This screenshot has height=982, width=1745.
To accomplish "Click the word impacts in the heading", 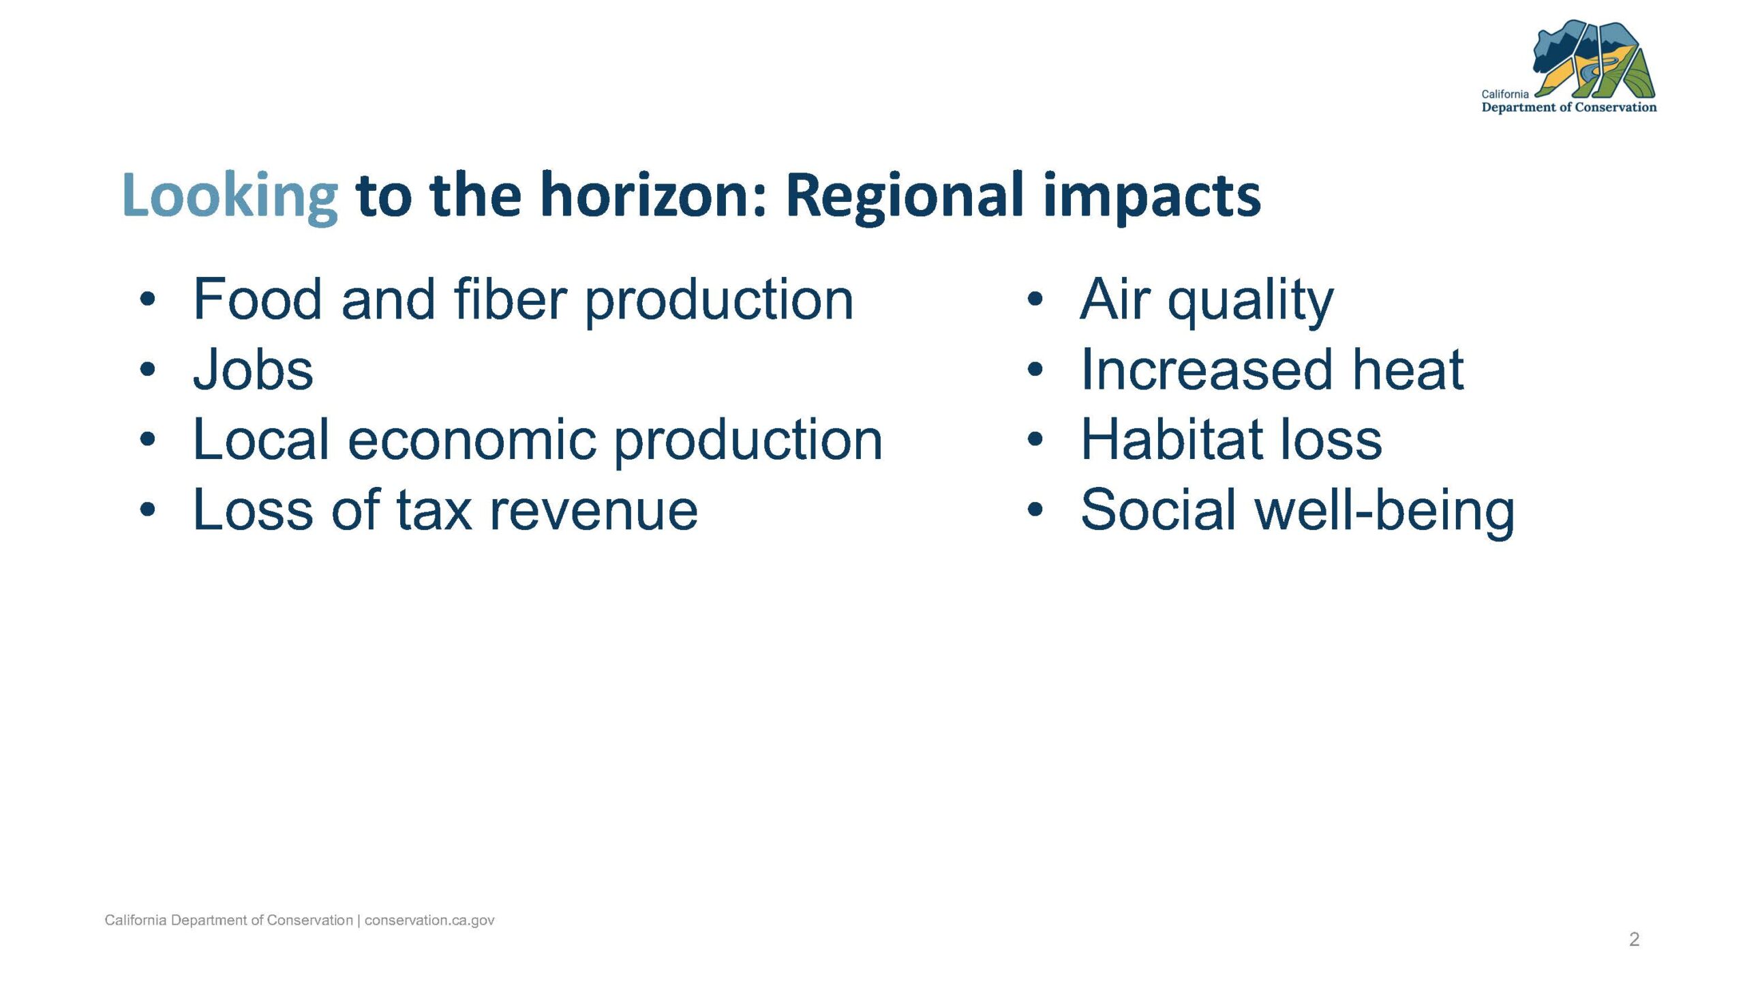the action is (1152, 198).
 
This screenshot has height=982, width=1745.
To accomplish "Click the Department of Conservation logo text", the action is (1568, 107).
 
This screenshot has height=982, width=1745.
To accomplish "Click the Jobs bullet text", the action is (253, 370).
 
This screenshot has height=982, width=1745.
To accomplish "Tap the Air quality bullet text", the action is (1207, 302).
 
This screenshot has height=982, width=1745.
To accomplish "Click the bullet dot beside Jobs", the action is (148, 370).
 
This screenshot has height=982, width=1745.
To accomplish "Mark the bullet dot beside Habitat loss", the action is (1035, 440).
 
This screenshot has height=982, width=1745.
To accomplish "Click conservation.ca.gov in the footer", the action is (429, 920).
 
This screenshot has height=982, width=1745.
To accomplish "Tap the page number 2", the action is (1634, 940).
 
